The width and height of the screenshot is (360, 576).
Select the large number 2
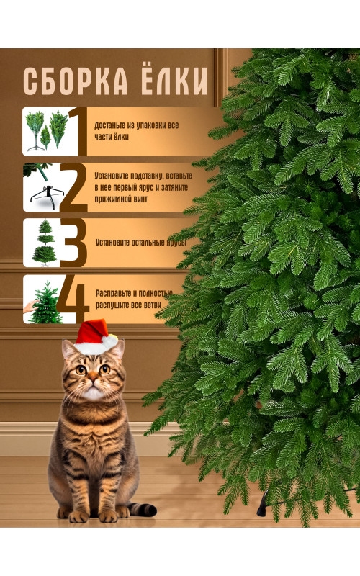(74, 187)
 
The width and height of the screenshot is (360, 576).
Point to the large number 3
(73, 243)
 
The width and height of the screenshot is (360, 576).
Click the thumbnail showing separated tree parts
(46, 131)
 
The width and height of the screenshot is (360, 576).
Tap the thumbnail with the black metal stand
(42, 187)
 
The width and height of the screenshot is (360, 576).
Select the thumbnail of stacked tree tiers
(42, 243)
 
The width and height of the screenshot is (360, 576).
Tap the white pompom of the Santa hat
(110, 341)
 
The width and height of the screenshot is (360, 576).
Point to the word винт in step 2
(140, 199)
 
